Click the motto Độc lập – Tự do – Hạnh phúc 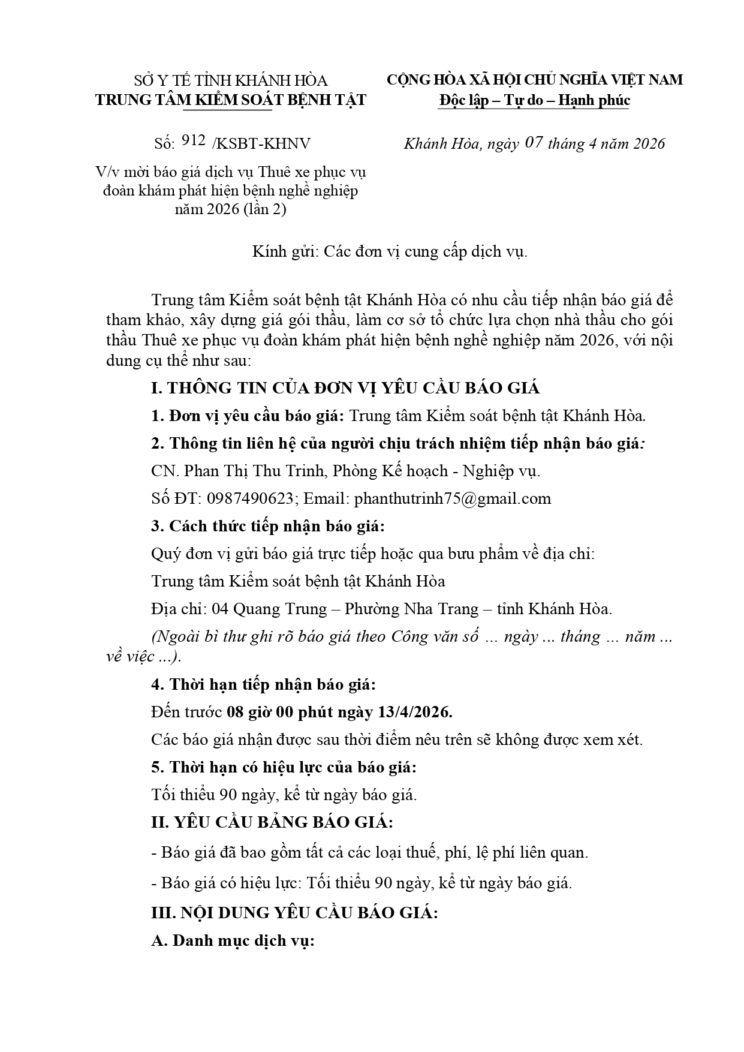tap(534, 100)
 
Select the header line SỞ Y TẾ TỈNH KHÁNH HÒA tap(231, 80)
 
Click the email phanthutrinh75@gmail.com tap(452, 498)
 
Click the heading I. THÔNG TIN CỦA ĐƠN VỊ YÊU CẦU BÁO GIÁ tap(345, 388)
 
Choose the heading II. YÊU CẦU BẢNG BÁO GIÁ tap(272, 822)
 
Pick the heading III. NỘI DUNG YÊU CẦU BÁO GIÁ tap(294, 913)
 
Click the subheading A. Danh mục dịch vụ tap(233, 940)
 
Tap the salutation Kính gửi tap(284, 251)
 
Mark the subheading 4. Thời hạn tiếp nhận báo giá tap(264, 684)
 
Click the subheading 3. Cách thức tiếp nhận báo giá tap(267, 526)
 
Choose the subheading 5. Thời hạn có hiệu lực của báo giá tap(284, 767)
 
